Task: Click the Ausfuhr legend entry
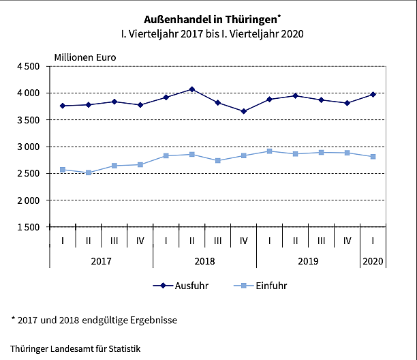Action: [181, 286]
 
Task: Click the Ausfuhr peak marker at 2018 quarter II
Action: [192, 89]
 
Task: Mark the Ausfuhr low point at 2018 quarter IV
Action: [244, 111]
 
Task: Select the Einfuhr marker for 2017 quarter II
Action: [89, 172]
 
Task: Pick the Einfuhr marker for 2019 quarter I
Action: [270, 151]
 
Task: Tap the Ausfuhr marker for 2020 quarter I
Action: [373, 94]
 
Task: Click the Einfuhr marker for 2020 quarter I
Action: [373, 157]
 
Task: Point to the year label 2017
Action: [101, 261]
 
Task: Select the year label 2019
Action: [308, 261]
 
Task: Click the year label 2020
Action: [373, 261]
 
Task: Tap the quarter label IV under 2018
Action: [244, 241]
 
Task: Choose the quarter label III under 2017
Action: [114, 241]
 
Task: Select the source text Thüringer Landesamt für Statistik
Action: [75, 348]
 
